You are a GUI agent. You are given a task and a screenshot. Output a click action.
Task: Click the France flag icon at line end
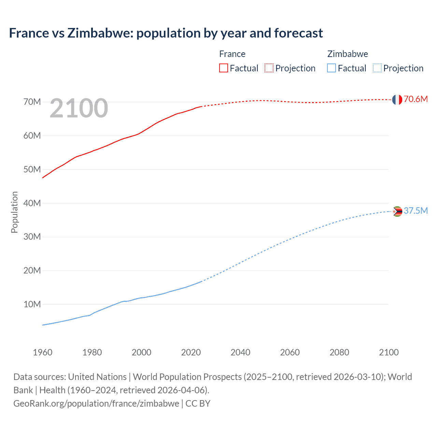397,100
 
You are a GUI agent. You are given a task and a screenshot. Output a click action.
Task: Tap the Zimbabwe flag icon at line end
397,212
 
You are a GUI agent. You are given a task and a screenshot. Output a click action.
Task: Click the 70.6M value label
415,99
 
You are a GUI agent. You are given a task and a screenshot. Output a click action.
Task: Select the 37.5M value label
415,211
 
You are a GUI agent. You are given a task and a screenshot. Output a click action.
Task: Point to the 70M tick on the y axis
32,102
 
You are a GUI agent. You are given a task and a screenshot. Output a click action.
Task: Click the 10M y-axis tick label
32,304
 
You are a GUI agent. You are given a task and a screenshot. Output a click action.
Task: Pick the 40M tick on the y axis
32,203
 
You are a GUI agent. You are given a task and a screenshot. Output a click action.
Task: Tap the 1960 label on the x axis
43,352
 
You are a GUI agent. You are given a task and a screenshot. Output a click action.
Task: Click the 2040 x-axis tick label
240,352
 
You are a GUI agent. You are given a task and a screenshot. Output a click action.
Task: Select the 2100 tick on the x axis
389,352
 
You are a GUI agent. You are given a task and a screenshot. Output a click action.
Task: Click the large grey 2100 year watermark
79,109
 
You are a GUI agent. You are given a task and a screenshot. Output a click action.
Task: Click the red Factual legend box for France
224,68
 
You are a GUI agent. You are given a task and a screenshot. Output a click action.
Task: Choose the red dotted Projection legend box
269,68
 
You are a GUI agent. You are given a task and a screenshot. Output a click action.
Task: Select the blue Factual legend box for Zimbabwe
332,68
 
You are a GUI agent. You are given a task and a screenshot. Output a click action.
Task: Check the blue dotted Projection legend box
377,68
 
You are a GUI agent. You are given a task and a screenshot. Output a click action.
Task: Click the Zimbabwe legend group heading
348,54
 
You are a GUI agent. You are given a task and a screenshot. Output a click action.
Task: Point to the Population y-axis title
14,212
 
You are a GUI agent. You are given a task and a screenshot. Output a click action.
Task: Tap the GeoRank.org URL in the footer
96,404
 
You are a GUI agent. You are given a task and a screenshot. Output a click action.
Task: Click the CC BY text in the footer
198,404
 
